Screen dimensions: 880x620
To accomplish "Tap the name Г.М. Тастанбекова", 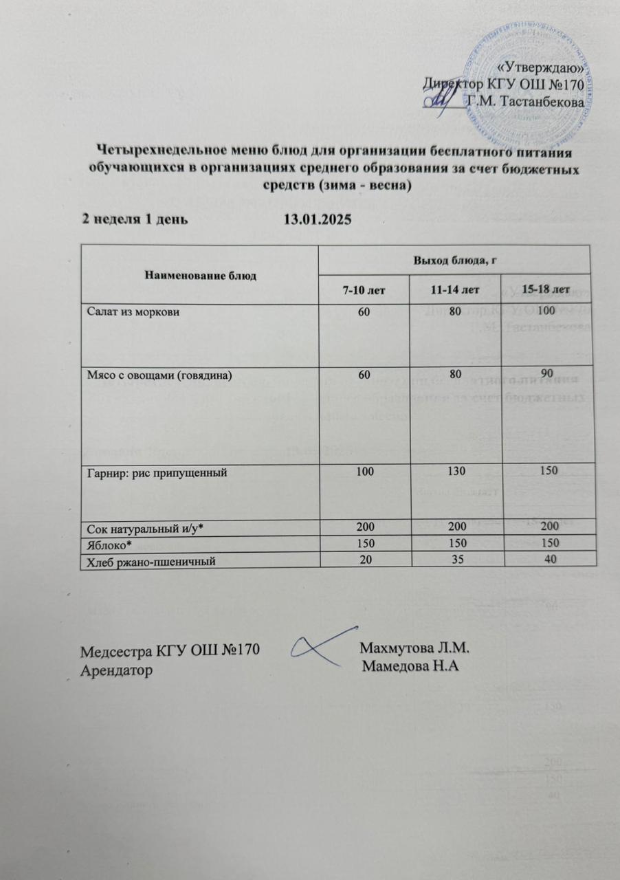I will pyautogui.click(x=527, y=102).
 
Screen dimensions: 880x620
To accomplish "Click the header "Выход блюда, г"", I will pyautogui.click(x=455, y=258).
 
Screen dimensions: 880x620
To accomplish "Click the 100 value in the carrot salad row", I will pyautogui.click(x=548, y=311).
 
